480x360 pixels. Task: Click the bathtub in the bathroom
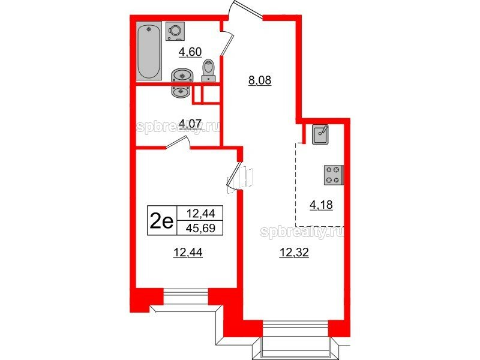pyautogui.click(x=148, y=51)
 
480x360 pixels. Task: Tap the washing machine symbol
pyautogui.click(x=175, y=31)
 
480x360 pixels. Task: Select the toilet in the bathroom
pyautogui.click(x=208, y=70)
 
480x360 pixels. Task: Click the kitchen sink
pyautogui.click(x=320, y=134)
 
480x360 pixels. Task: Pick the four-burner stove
pyautogui.click(x=334, y=175)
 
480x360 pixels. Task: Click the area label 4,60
pyautogui.click(x=190, y=52)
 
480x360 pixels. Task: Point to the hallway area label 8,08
pyautogui.click(x=260, y=81)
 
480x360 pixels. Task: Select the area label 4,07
pyautogui.click(x=190, y=124)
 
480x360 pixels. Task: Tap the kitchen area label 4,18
pyautogui.click(x=321, y=205)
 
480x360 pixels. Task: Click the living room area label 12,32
pyautogui.click(x=294, y=253)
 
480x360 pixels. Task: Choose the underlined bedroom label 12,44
pyautogui.click(x=188, y=253)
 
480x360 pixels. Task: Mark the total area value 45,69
pyautogui.click(x=200, y=228)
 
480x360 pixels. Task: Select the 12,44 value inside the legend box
pyautogui.click(x=200, y=213)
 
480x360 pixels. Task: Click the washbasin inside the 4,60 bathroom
pyautogui.click(x=182, y=75)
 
